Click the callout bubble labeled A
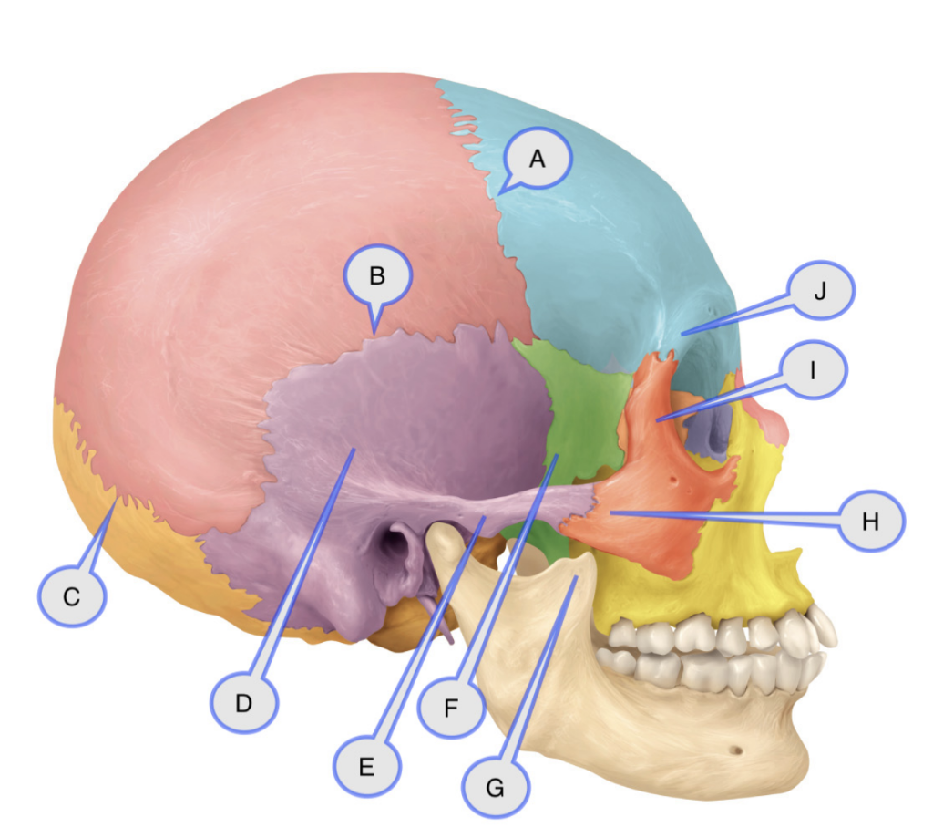click(537, 159)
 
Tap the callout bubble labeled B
click(378, 274)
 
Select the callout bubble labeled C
click(72, 597)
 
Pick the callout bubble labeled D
click(244, 702)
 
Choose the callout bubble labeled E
click(366, 766)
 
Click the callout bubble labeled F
click(451, 707)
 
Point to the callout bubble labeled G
click(495, 787)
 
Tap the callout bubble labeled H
click(871, 521)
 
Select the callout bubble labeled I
click(813, 371)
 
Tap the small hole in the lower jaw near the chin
click(736, 751)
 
